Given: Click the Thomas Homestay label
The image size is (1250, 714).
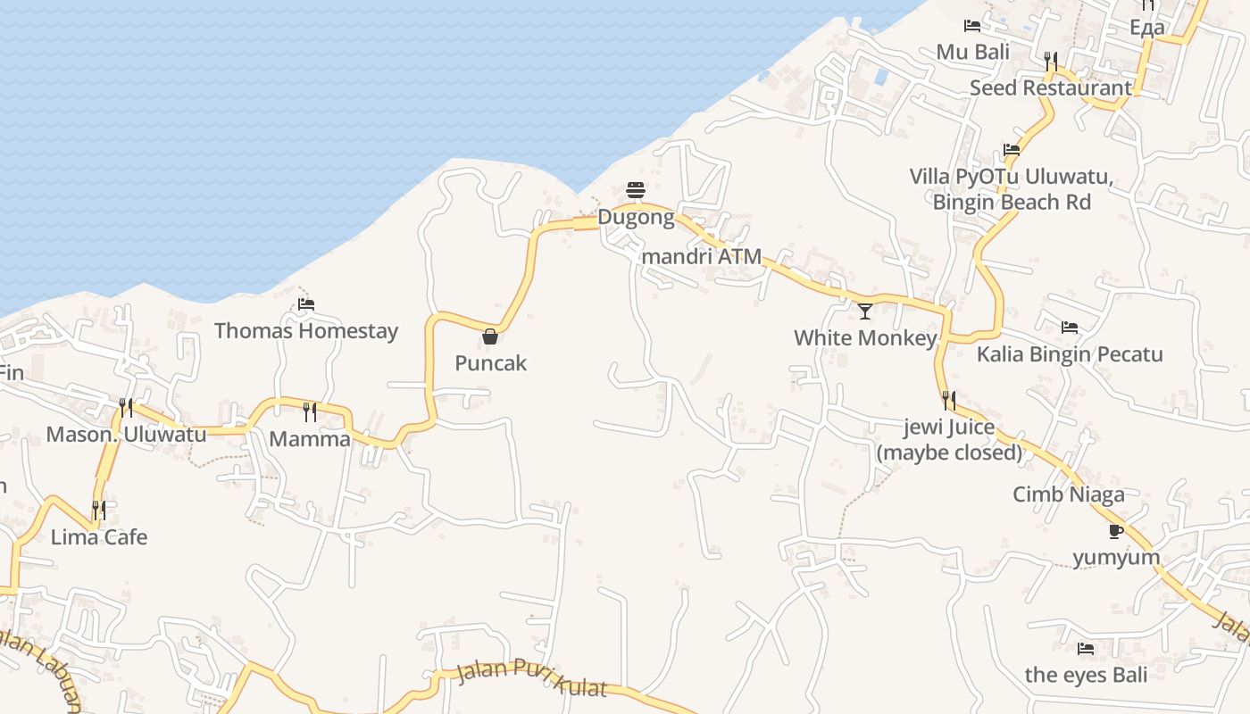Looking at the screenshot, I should [306, 331].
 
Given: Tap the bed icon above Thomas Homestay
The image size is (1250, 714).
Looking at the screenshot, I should [306, 303].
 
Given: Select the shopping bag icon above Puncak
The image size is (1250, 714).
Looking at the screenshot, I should [490, 336].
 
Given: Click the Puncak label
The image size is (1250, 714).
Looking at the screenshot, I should [490, 363].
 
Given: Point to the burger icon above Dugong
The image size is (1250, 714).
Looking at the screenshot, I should [636, 189].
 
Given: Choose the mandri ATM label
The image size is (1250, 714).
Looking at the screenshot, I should [702, 257].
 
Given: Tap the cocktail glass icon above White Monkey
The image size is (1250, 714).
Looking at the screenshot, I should [865, 311].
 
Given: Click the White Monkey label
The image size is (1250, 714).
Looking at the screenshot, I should [865, 338].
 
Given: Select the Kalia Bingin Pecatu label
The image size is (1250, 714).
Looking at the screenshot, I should [1070, 354].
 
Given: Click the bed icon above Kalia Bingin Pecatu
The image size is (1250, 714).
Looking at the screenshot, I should [1070, 327].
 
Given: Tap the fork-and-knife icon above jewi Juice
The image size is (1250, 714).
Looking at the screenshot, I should [948, 400].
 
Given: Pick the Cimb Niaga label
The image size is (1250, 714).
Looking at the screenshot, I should [1069, 494].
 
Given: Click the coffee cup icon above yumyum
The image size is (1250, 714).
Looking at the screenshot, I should [1115, 531].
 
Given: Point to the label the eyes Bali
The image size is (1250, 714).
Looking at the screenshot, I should [1086, 675].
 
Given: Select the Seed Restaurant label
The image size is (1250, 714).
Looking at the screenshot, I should [1051, 88].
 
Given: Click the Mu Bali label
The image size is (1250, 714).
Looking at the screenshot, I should [973, 52].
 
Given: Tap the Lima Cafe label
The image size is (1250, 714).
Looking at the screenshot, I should [99, 537].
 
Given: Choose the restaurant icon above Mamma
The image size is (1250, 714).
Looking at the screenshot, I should [309, 411].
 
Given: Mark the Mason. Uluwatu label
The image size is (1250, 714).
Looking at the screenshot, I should [126, 435].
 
